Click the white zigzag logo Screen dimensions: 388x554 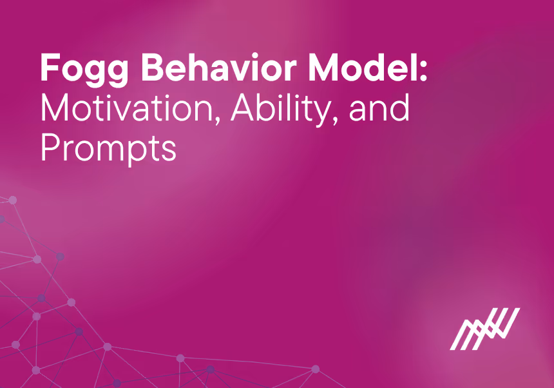click(484, 329)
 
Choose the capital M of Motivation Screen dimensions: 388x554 click(55, 110)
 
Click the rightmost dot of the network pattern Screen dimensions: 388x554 click(316, 369)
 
